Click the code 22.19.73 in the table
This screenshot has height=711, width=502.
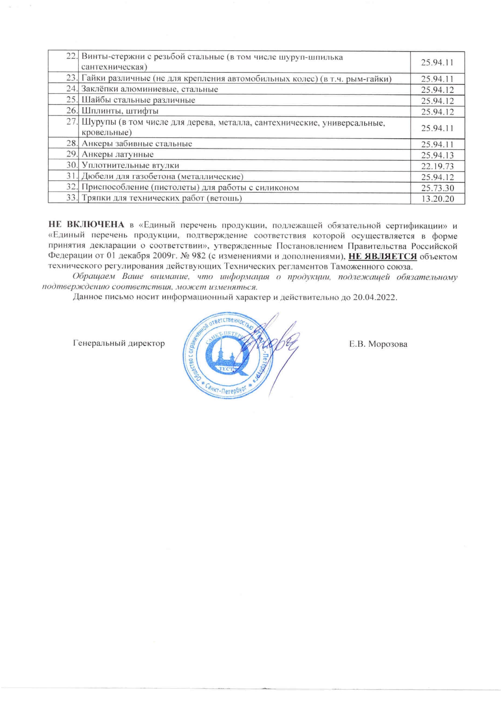(x=437, y=166)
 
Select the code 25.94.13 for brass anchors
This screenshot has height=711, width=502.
(x=437, y=155)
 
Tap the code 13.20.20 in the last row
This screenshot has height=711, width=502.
(x=437, y=199)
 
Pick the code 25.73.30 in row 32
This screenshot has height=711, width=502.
(x=437, y=188)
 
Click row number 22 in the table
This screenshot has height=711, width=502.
(x=72, y=57)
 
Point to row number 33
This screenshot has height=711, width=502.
(x=72, y=198)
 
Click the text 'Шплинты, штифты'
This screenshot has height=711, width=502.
(x=120, y=111)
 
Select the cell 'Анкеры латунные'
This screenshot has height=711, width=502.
(x=117, y=154)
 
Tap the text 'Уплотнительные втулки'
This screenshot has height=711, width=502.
(x=130, y=165)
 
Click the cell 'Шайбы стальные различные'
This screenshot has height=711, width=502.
(x=138, y=100)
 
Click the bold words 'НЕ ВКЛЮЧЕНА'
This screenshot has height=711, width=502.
(x=86, y=225)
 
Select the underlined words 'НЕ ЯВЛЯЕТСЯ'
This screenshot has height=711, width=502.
(x=383, y=256)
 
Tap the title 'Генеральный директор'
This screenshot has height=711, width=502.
(x=119, y=344)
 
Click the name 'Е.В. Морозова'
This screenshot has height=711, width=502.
(x=378, y=344)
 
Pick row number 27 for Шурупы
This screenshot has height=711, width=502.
(x=72, y=122)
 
